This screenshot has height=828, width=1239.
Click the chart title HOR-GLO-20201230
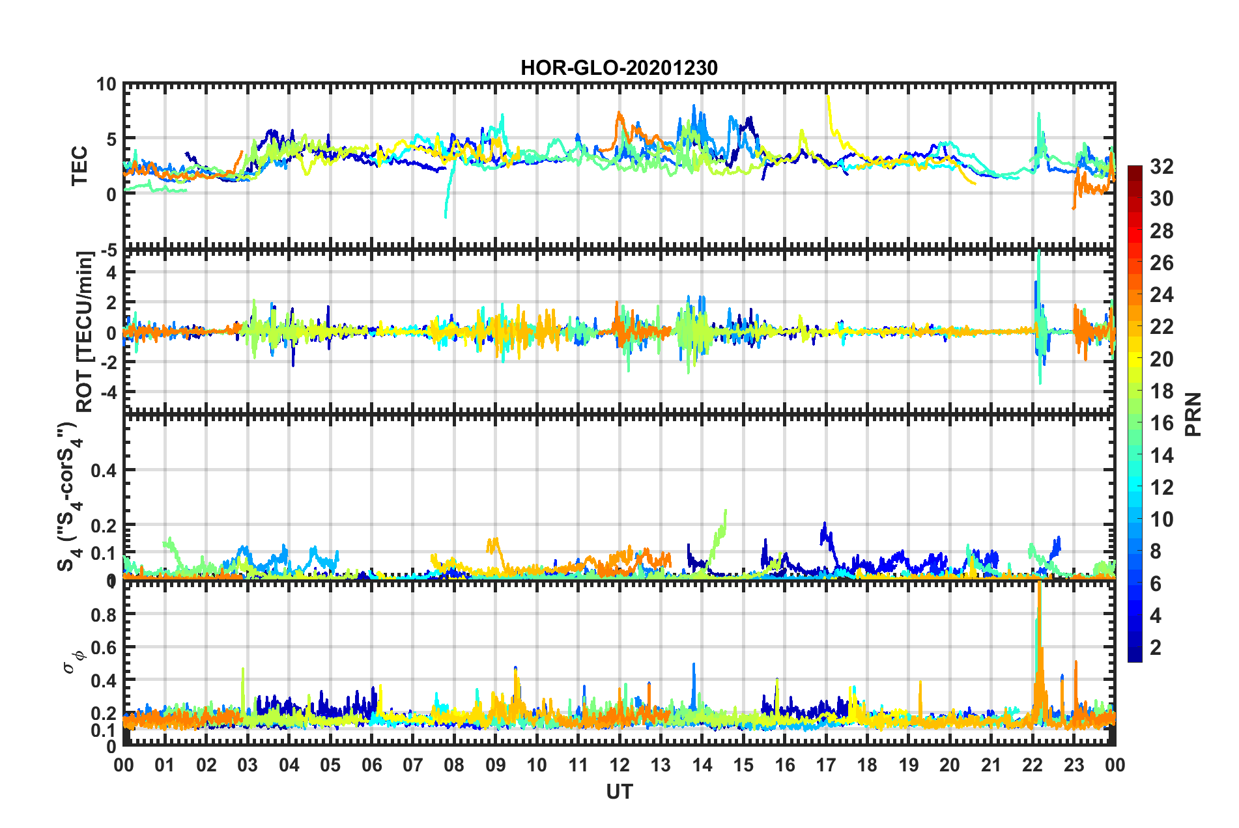click(619, 68)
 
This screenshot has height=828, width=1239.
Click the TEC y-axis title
click(79, 166)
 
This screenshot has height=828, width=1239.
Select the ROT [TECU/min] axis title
click(85, 331)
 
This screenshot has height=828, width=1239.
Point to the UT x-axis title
click(619, 792)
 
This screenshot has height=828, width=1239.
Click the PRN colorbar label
click(1193, 415)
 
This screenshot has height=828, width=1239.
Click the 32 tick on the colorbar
click(1161, 167)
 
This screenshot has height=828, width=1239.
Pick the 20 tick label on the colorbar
click(1161, 359)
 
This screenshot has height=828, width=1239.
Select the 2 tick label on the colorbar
click(1156, 648)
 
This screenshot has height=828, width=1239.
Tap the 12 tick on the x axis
click(619, 765)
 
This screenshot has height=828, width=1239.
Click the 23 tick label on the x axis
click(1074, 765)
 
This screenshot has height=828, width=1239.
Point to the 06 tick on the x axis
click(371, 765)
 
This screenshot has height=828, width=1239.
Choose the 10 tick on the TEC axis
click(106, 85)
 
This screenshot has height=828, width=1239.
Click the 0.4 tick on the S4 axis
click(103, 470)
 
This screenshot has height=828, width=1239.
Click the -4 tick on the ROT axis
click(107, 393)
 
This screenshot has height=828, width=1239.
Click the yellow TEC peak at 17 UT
click(827, 96)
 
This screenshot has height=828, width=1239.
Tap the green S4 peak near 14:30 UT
click(725, 511)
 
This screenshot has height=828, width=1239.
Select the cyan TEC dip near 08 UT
click(446, 216)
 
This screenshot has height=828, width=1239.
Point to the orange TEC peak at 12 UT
click(618, 113)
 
